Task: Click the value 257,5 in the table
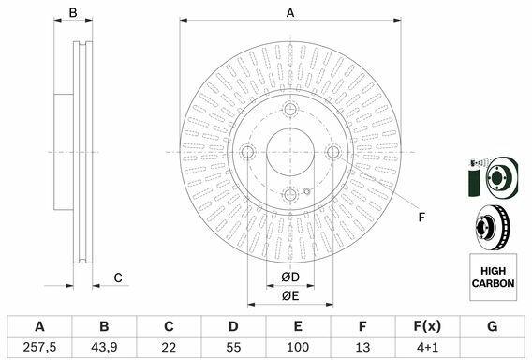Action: [39, 347]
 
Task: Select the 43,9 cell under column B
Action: [104, 347]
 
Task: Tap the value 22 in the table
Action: [169, 347]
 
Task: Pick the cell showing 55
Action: [233, 347]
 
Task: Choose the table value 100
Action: [298, 347]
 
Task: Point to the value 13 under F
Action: [362, 347]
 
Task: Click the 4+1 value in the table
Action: [427, 347]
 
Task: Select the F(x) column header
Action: [427, 326]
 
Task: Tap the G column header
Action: [493, 326]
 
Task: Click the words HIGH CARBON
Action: [493, 277]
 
